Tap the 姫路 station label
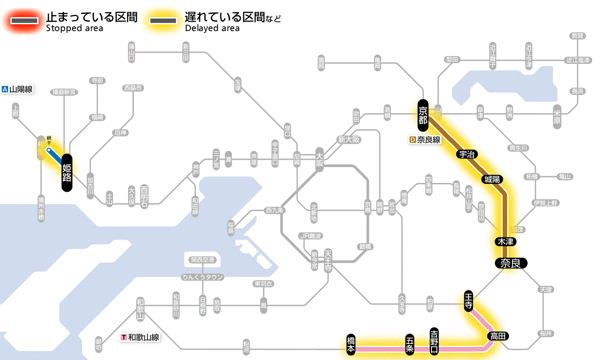[67, 172]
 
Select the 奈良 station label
[511, 263]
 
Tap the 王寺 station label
[469, 301]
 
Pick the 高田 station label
[498, 336]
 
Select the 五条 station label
[409, 344]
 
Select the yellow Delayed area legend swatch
[163, 21]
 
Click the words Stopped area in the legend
[74, 28]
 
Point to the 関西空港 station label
[202, 260]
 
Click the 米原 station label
[557, 116]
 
